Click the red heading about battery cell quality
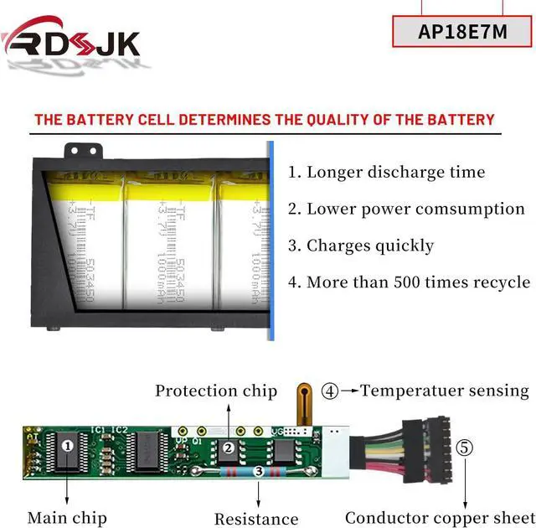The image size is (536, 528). click(x=265, y=119)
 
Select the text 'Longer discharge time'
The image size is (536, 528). click(x=387, y=173)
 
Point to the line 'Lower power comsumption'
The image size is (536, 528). click(x=406, y=209)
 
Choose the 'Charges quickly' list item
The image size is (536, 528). click(x=361, y=246)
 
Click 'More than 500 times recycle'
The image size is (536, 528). click(x=409, y=282)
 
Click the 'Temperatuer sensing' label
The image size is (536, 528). click(x=445, y=391)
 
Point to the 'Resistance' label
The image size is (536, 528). click(x=256, y=519)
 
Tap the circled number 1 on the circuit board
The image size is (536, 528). click(x=67, y=445)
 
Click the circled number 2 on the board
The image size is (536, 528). click(x=227, y=448)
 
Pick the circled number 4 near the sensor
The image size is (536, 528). click(x=332, y=391)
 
